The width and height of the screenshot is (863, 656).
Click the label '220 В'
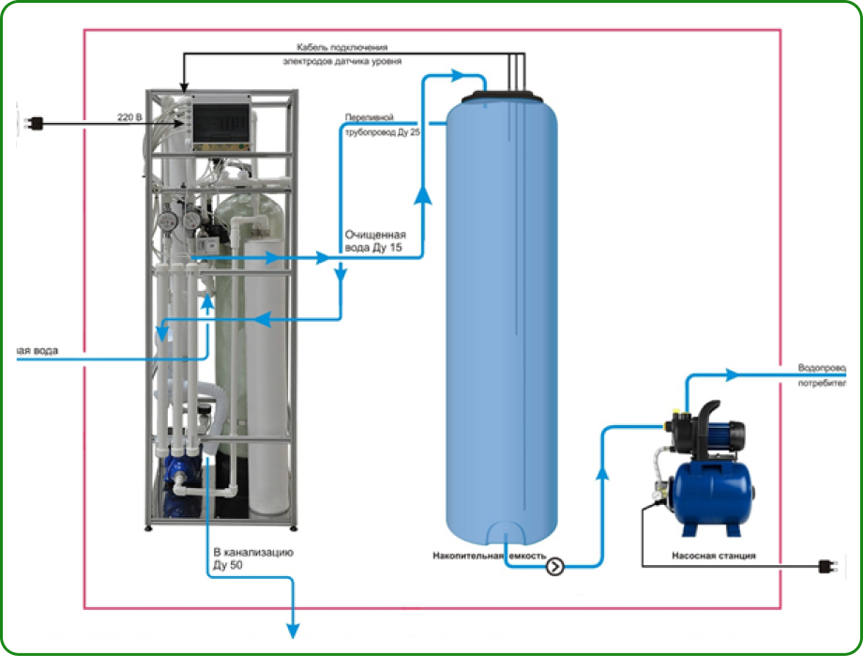click(x=130, y=117)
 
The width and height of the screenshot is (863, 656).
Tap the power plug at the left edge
click(x=36, y=122)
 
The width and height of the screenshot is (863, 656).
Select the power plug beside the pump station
click(x=827, y=566)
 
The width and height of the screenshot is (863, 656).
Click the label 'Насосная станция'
click(x=713, y=556)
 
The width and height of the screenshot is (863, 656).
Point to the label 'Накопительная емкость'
click(x=489, y=556)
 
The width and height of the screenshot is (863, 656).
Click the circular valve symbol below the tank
click(x=554, y=566)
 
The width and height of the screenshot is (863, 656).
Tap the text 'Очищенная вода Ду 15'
click(x=375, y=240)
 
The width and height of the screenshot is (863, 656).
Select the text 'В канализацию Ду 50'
click(x=253, y=558)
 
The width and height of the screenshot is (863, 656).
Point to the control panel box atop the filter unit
click(x=222, y=123)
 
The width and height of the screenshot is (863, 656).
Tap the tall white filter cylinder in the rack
click(x=266, y=375)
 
